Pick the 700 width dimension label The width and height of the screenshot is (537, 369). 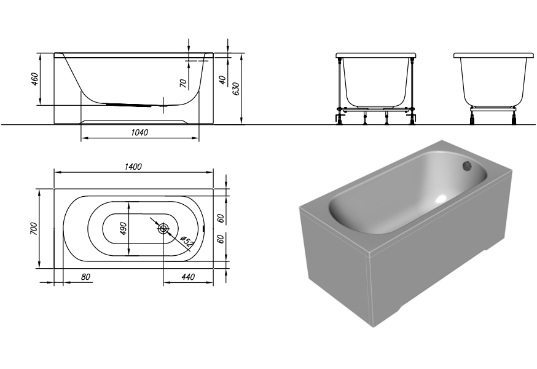click(34, 228)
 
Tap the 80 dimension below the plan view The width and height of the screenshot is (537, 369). click(85, 277)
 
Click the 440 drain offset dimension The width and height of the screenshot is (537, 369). click(188, 277)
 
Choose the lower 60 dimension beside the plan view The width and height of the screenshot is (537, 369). click(221, 239)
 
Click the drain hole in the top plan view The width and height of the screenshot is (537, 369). click(163, 228)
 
